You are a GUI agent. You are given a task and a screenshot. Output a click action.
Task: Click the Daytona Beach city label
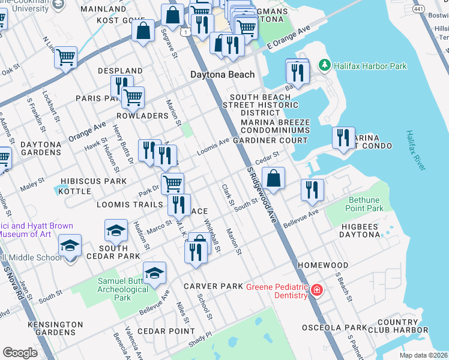(x=222, y=75)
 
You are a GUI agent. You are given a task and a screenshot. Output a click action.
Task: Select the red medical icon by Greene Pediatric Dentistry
(x=316, y=291)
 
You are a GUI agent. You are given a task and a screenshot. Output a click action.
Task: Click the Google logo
(x=20, y=353)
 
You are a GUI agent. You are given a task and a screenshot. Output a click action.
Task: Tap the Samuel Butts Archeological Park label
(x=122, y=290)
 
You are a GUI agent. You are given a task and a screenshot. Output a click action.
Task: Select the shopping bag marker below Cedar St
(x=273, y=179)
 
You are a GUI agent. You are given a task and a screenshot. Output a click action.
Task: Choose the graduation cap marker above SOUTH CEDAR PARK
(x=116, y=230)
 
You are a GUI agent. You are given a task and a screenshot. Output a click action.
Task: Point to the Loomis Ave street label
(x=213, y=145)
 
